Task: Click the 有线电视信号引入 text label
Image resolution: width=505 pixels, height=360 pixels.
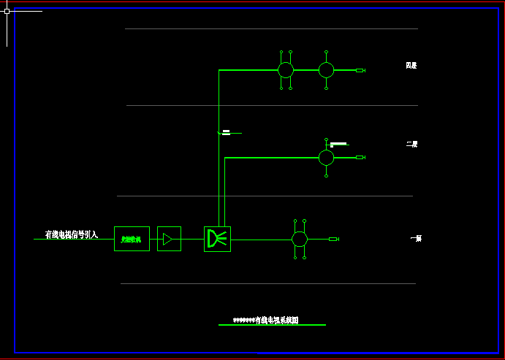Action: (71, 235)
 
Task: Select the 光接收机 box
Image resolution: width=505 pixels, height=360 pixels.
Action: (132, 239)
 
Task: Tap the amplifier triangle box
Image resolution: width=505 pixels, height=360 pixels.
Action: (169, 239)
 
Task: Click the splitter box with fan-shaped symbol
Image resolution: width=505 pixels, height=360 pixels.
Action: (217, 239)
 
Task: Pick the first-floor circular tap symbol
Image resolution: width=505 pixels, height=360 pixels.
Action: (300, 239)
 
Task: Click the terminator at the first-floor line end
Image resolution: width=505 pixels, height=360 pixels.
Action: (333, 239)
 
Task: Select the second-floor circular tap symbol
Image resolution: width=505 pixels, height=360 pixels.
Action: (326, 157)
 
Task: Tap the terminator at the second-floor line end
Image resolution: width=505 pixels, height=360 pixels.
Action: (360, 157)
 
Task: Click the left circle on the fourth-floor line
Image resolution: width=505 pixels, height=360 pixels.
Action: (286, 70)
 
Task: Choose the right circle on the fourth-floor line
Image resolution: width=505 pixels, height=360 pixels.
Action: (326, 70)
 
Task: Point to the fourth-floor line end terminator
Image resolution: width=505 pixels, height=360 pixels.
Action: (360, 70)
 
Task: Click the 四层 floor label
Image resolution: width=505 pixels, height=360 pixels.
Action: (411, 66)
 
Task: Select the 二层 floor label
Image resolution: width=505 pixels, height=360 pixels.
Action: (412, 145)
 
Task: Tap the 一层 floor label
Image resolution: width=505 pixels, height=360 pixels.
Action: (416, 239)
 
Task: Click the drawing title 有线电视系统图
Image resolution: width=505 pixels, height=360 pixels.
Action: (266, 320)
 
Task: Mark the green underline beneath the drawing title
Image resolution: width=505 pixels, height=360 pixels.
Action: (272, 325)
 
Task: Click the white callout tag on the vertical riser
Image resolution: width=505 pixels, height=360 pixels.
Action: (227, 132)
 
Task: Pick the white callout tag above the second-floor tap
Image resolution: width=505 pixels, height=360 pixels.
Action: (338, 143)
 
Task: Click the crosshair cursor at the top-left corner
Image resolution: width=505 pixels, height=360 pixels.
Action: (7, 11)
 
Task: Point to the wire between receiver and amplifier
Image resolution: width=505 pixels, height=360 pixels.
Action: (153, 239)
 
